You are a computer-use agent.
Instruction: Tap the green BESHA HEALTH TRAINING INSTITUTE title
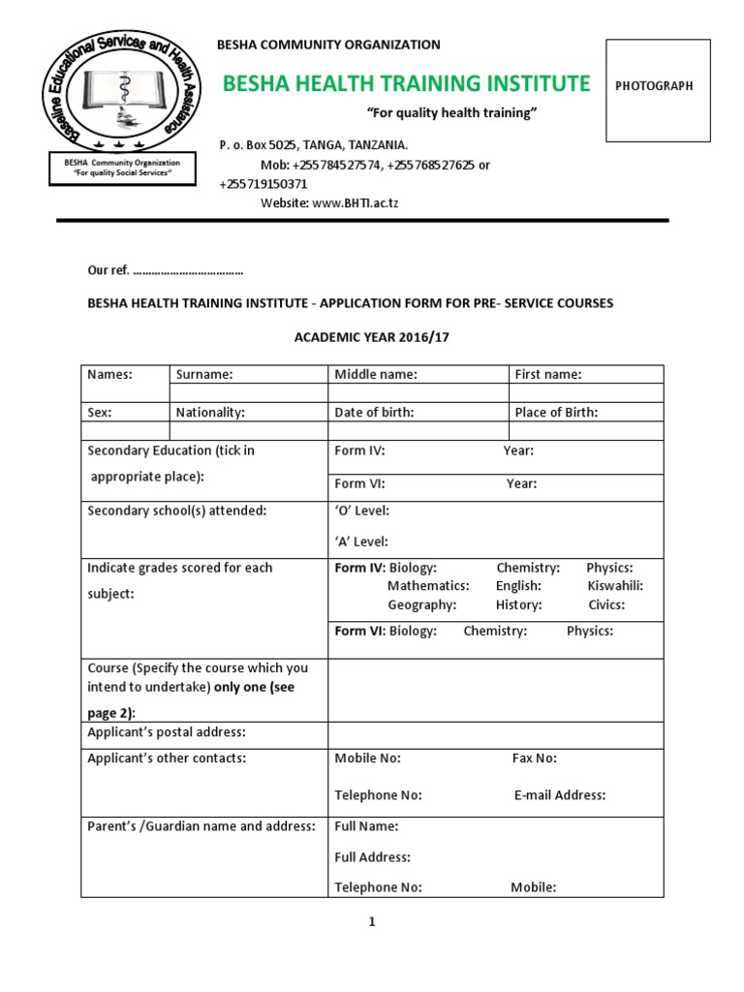[x=406, y=83]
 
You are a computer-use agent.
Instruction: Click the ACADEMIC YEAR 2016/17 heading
[x=373, y=335]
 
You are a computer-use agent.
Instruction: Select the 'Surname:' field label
[x=204, y=375]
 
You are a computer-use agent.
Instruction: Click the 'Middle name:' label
[x=376, y=375]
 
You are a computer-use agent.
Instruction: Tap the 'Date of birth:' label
[x=374, y=413]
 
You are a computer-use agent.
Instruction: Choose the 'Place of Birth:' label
[x=556, y=413]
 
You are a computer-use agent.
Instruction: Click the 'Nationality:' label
[x=210, y=413]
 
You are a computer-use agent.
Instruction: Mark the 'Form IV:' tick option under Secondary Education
[x=360, y=451]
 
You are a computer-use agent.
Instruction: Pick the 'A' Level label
[x=361, y=542]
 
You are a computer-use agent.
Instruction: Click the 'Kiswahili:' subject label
[x=615, y=586]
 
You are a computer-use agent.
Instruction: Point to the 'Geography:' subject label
[x=421, y=605]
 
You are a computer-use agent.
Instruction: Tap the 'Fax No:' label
[x=534, y=759]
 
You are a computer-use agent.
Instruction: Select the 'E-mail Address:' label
[x=560, y=795]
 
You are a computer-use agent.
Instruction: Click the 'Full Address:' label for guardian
[x=373, y=857]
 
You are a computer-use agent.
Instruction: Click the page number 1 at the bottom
[x=371, y=922]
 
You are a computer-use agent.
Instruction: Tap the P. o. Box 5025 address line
[x=307, y=145]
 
